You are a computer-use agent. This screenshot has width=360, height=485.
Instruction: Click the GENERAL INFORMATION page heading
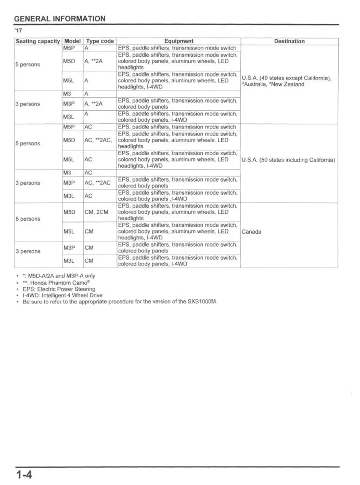[x=59, y=19]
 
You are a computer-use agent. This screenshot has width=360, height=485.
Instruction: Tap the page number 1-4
[x=24, y=474]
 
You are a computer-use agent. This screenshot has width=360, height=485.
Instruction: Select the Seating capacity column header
[x=38, y=41]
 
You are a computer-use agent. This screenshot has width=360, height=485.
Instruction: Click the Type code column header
[x=100, y=41]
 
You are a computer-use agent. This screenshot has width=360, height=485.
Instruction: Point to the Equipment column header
[x=179, y=41]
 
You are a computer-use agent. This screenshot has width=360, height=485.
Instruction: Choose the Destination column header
[x=289, y=41]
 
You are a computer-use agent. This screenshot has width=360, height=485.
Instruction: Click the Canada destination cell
[x=251, y=232]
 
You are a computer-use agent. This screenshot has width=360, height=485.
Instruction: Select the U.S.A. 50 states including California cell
[x=288, y=160]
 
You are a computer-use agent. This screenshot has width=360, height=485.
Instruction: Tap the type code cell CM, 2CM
[x=97, y=212]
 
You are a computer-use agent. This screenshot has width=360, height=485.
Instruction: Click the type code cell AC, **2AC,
[x=98, y=140]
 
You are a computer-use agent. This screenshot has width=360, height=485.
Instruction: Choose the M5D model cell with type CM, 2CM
[x=69, y=212]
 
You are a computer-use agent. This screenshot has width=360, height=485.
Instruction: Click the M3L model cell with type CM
[x=69, y=261]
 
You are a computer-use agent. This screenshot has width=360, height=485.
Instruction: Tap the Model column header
[x=72, y=41]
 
